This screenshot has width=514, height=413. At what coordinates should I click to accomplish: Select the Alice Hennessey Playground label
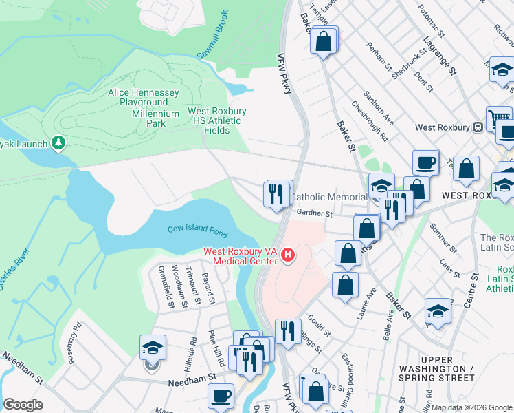[x=144, y=97]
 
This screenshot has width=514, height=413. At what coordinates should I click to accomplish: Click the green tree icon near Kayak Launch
[x=60, y=142]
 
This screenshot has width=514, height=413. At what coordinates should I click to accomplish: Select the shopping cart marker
[x=499, y=117]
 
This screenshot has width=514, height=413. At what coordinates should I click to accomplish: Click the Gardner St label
[x=315, y=214]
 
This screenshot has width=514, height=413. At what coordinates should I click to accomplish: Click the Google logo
[x=23, y=405]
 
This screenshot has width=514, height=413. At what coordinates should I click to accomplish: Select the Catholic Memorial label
[x=328, y=198]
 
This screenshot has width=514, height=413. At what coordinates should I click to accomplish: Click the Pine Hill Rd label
[x=217, y=348]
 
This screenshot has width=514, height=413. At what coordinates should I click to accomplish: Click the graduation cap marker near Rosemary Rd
[x=153, y=347]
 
